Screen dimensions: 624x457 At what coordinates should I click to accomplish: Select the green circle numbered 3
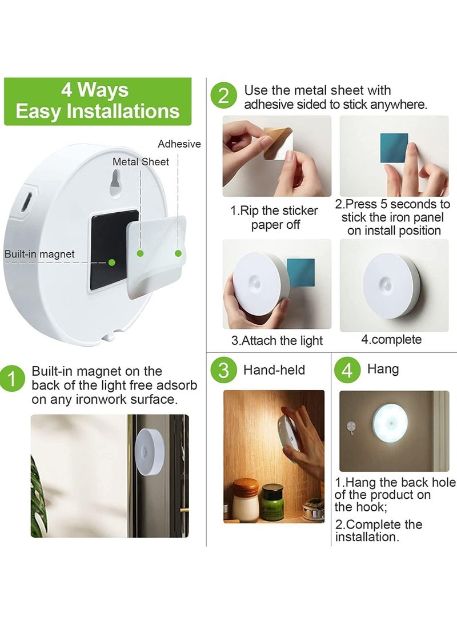(223, 371)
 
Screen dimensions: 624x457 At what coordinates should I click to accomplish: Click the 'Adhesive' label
(179, 144)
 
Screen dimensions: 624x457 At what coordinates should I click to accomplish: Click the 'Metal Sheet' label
(141, 162)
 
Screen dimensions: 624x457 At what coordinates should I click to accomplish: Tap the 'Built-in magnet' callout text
(39, 254)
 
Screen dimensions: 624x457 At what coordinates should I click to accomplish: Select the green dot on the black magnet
(113, 262)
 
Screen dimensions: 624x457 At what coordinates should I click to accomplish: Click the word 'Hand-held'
(274, 370)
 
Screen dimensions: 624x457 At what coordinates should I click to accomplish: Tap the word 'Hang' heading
(383, 369)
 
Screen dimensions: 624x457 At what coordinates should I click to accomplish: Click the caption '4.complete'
(391, 339)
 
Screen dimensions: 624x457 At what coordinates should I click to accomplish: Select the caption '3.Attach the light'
(277, 340)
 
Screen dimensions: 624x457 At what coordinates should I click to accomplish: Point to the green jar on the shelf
(272, 502)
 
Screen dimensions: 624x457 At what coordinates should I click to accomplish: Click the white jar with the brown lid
(246, 500)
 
